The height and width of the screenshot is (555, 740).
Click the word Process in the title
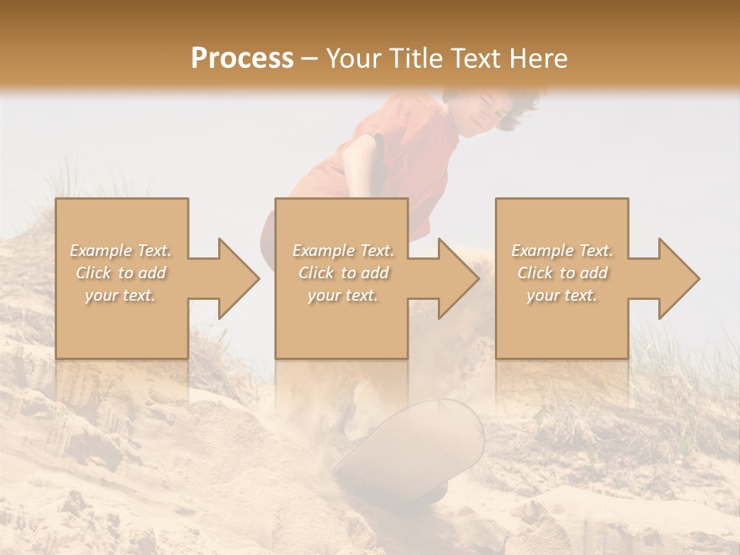pos(242,59)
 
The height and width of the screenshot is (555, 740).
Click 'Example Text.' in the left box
pos(121,251)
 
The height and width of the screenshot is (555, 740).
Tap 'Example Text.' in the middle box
pos(342,251)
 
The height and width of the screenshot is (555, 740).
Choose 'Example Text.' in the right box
pos(562,251)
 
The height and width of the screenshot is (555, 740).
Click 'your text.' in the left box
pos(121,295)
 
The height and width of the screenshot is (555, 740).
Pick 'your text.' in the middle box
pos(342,295)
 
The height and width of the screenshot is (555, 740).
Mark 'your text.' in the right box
pos(562,295)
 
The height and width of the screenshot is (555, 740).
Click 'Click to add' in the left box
pos(121,273)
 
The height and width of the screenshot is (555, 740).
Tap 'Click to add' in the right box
pos(562,273)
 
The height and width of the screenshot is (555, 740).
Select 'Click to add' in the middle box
pos(342,273)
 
